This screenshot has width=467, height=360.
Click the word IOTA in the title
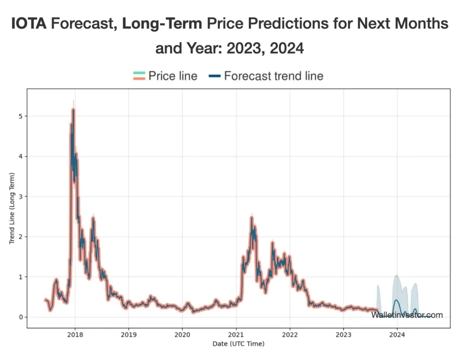click(29, 24)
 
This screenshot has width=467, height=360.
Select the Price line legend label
click(173, 76)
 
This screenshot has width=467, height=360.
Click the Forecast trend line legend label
click(273, 76)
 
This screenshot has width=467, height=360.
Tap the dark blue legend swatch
click(215, 76)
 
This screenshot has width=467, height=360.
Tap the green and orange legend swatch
click(139, 76)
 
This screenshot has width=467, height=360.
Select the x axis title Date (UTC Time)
click(238, 344)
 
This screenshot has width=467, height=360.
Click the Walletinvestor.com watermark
click(407, 315)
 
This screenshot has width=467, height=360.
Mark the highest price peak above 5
click(73, 109)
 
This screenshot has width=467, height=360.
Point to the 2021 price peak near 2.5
click(252, 217)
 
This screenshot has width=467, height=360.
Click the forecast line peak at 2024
click(396, 300)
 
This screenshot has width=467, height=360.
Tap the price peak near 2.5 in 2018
click(93, 218)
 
